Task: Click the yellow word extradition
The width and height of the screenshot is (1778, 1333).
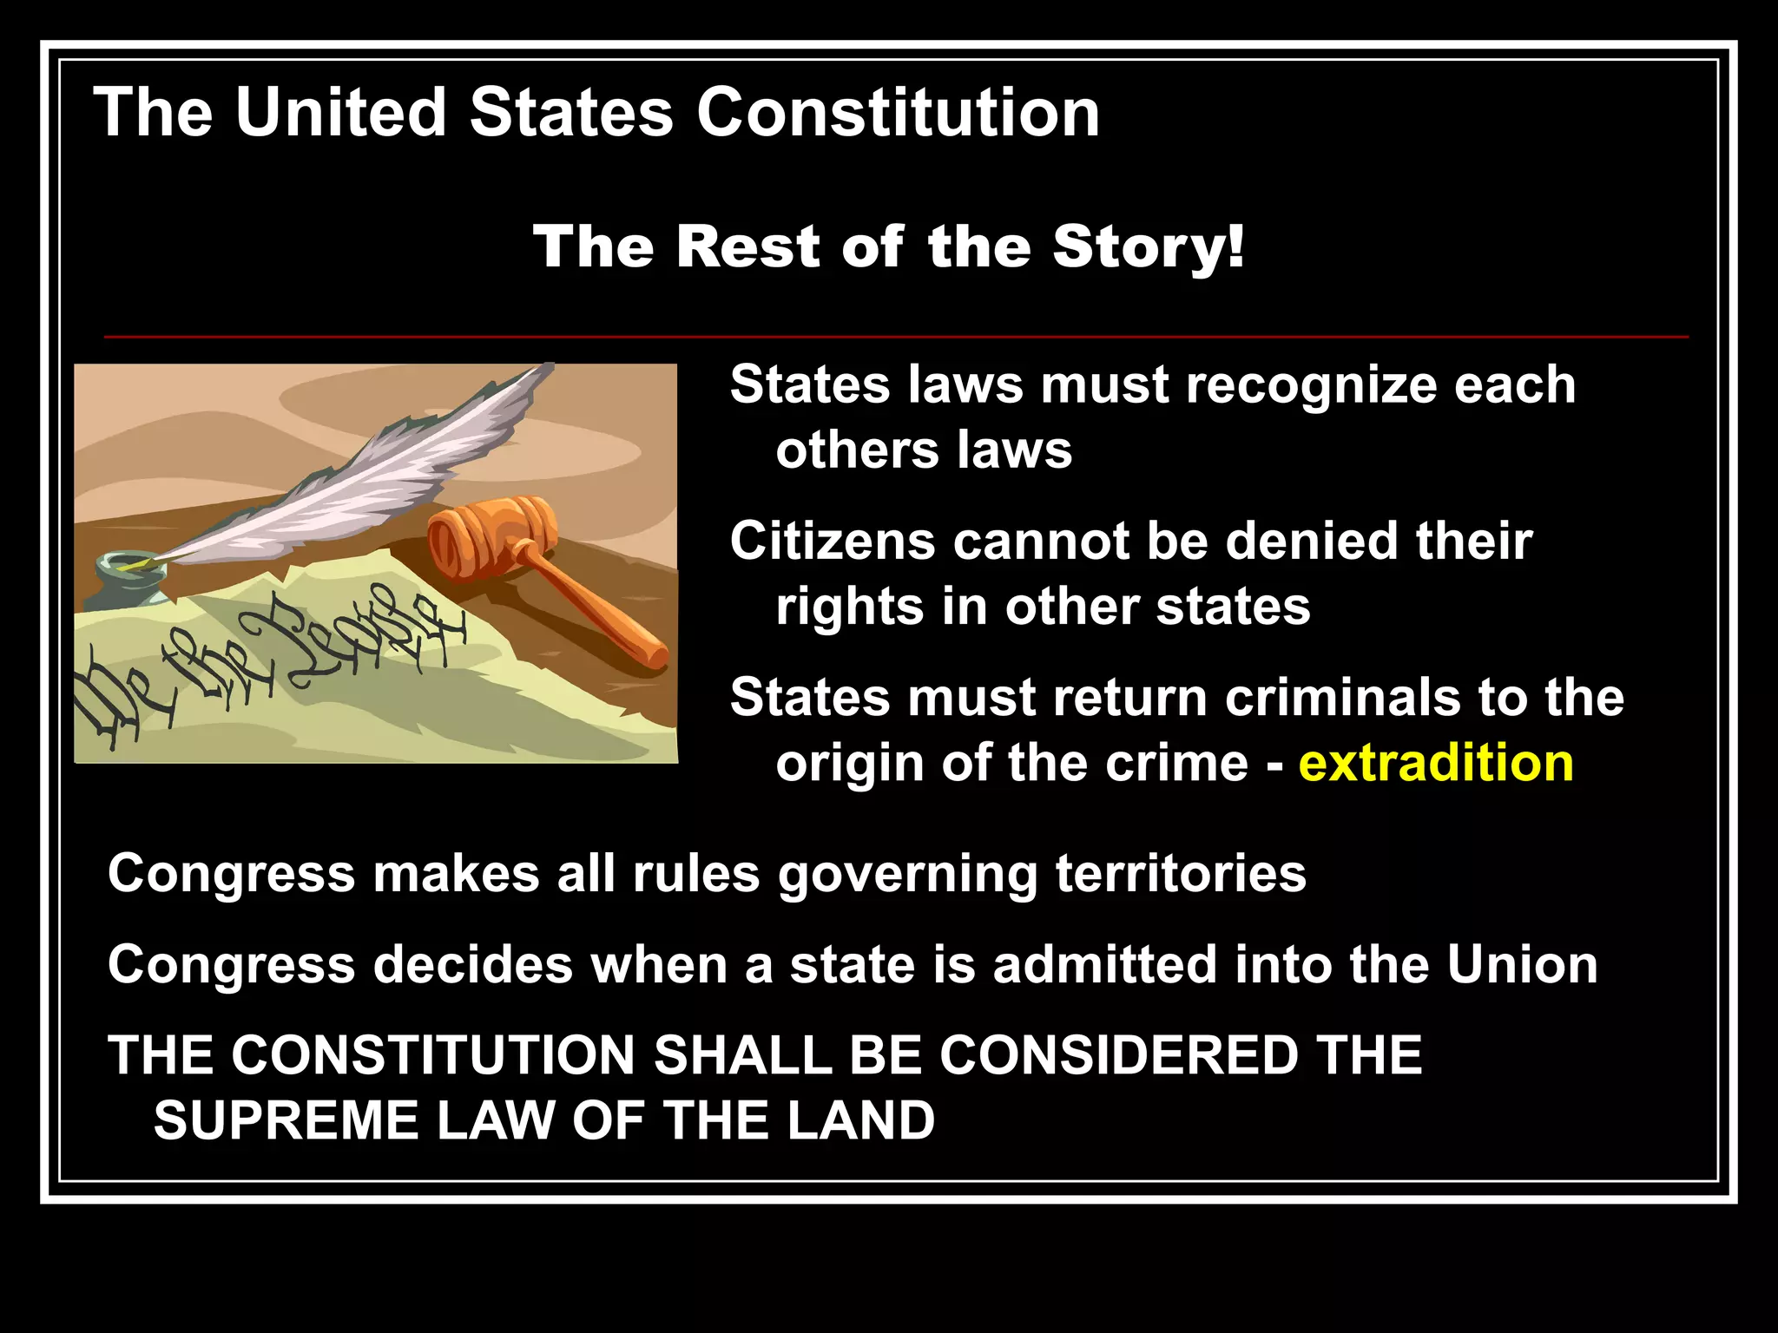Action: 1436,764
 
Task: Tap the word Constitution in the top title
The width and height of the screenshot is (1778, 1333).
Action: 898,113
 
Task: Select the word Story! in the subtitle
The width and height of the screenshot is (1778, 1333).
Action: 1149,247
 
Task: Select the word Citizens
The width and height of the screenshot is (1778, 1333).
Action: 833,541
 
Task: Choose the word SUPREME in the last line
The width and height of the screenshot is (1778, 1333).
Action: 286,1120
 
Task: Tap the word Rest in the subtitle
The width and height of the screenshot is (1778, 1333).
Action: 748,247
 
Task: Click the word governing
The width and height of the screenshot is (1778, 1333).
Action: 908,875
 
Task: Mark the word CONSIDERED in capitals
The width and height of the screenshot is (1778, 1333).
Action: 1118,1055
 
